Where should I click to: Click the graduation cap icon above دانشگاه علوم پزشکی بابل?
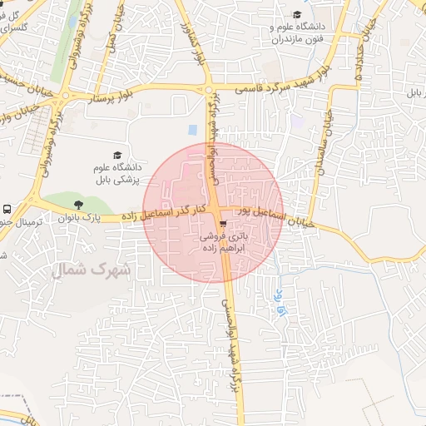click(x=117, y=155)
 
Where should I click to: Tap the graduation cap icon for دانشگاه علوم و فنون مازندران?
click(x=298, y=13)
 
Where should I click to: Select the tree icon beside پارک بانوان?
click(x=79, y=204)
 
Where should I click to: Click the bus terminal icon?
click(x=7, y=210)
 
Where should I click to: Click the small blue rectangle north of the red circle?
click(x=193, y=131)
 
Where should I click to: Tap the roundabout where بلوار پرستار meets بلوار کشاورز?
click(x=208, y=90)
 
